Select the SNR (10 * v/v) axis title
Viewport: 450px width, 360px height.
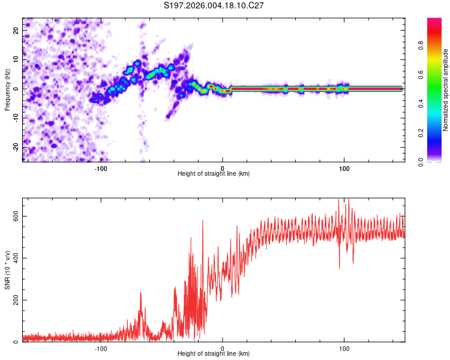(x=7, y=270)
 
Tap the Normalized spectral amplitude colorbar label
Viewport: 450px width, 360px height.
(x=446, y=89)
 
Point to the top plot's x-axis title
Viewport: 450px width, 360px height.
(x=214, y=173)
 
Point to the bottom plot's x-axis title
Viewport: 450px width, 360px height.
(x=214, y=353)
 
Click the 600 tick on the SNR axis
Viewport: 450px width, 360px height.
(x=14, y=216)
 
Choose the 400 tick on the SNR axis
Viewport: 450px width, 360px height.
(x=14, y=258)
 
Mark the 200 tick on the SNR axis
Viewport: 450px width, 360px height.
(x=14, y=300)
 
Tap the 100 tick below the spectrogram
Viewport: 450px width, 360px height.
(x=344, y=167)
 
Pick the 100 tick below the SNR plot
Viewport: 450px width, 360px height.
(x=344, y=348)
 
